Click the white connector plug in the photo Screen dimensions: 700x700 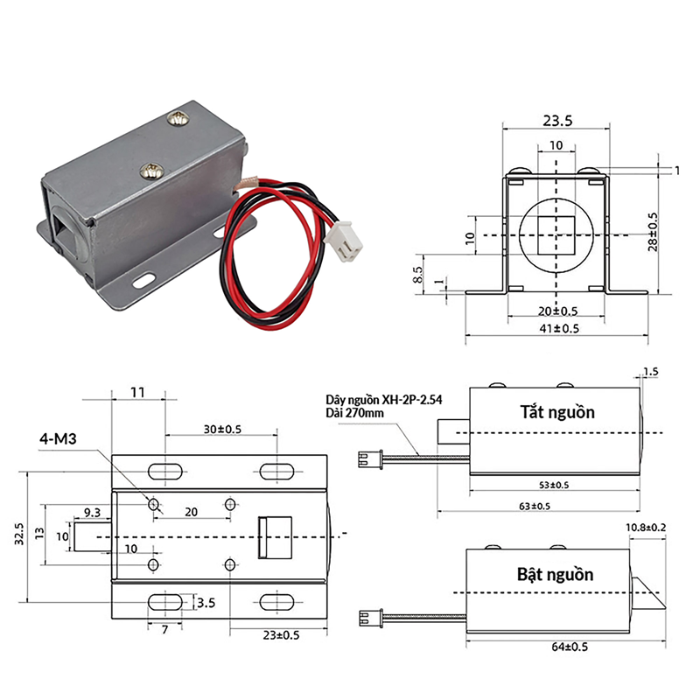(x=343, y=241)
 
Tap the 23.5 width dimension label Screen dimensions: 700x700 (x=557, y=121)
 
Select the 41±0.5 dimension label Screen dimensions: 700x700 (x=559, y=329)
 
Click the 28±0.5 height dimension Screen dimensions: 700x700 (x=653, y=232)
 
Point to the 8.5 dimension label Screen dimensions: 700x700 (x=418, y=275)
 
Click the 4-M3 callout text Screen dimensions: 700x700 (x=58, y=439)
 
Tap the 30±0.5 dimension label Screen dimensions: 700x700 (x=222, y=429)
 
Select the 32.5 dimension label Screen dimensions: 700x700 (x=19, y=534)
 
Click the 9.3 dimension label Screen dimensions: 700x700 (x=92, y=513)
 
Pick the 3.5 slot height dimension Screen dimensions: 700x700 (x=206, y=603)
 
